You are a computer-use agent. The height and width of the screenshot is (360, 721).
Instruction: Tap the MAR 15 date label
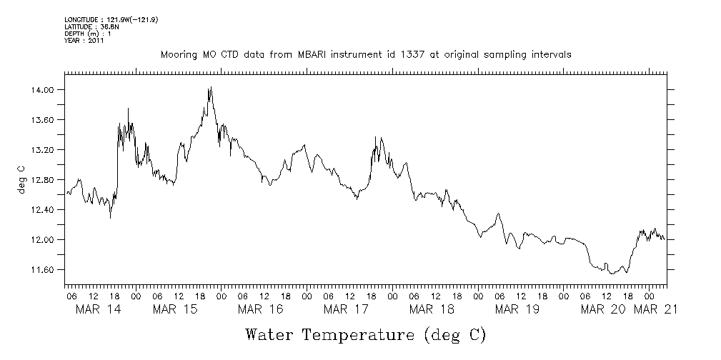(x=175, y=309)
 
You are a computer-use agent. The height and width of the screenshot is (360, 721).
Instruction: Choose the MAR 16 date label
(x=260, y=309)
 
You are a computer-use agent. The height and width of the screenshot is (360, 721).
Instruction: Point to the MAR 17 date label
(x=345, y=309)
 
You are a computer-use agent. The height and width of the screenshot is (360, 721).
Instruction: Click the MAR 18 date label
(x=431, y=309)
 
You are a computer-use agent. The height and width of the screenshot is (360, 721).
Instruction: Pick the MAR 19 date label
(x=516, y=309)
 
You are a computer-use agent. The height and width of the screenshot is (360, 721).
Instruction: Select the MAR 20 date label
(x=602, y=309)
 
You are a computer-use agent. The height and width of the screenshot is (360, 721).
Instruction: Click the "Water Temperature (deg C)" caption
(x=365, y=334)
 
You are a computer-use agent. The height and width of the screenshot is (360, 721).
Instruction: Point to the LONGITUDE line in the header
(x=111, y=19)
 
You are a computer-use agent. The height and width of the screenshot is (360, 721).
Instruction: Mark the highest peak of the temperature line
(x=211, y=87)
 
